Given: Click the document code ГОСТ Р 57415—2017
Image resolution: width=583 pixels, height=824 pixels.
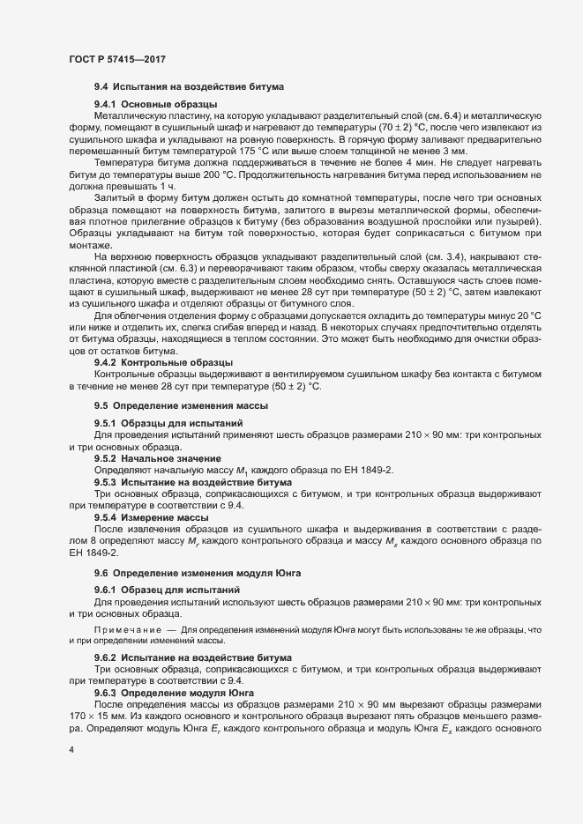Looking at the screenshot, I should (117, 59).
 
